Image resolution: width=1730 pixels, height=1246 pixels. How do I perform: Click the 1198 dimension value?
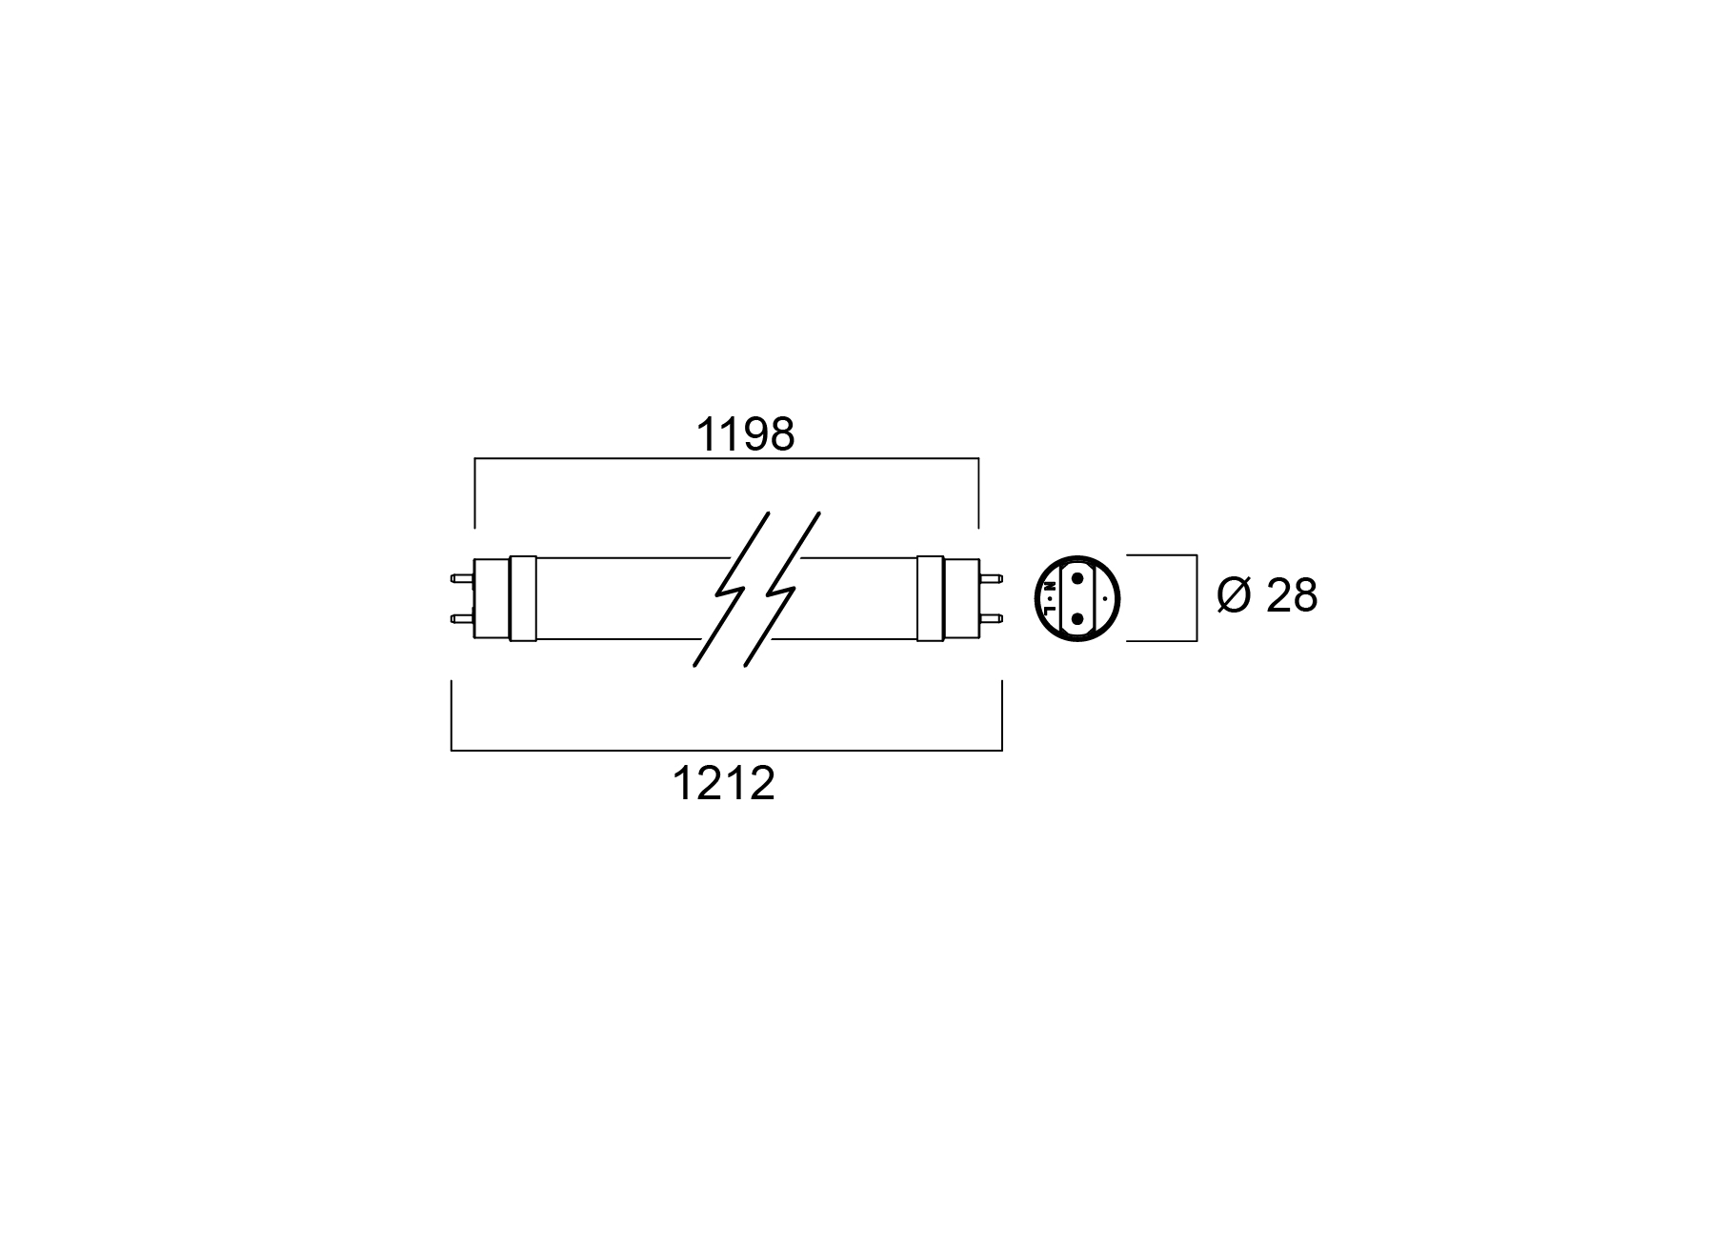point(745,435)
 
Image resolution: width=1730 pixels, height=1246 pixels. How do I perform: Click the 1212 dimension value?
point(724,784)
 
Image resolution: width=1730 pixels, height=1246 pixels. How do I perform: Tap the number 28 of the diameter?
point(1292,595)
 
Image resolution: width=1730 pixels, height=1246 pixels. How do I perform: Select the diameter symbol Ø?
point(1234,595)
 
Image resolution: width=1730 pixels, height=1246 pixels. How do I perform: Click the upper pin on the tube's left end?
point(463,577)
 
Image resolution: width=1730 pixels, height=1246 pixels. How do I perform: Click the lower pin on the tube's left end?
point(463,619)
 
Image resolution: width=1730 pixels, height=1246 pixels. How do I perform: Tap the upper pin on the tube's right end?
point(991,577)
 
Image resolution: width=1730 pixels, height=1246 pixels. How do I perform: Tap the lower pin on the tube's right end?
point(991,619)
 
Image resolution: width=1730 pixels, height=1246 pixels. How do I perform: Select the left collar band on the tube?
point(523,598)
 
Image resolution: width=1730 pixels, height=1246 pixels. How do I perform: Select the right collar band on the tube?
point(931,598)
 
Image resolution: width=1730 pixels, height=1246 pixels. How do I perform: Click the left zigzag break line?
point(731,590)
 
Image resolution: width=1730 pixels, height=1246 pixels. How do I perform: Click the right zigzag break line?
point(782,590)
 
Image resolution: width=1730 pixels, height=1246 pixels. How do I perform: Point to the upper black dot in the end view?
point(1077,578)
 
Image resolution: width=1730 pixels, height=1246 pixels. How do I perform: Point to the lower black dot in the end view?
point(1077,619)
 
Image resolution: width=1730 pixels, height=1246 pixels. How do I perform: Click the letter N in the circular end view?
point(1049,586)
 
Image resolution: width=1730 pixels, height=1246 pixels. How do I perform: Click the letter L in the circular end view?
point(1049,610)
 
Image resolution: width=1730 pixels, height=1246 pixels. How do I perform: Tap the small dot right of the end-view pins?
point(1104,598)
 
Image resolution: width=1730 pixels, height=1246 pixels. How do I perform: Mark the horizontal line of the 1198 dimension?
point(727,459)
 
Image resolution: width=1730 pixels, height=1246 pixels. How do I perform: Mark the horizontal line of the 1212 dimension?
point(727,751)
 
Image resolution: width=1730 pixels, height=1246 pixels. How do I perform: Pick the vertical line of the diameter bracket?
point(1197,598)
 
